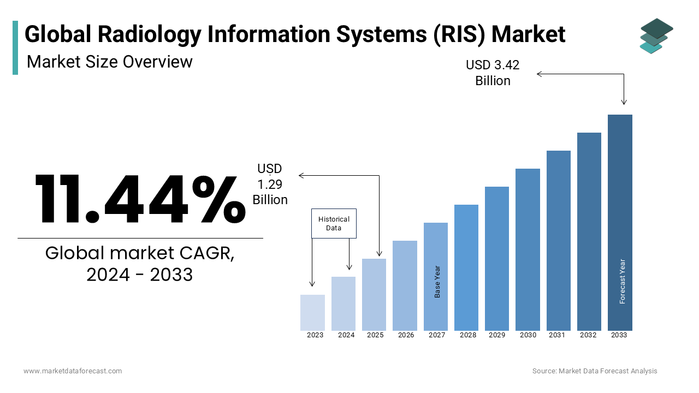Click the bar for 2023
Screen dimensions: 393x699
pyautogui.click(x=312, y=312)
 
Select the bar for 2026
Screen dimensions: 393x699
pyautogui.click(x=405, y=285)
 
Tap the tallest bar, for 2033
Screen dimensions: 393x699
pyautogui.click(x=620, y=222)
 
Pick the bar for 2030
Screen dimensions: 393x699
pyautogui.click(x=528, y=249)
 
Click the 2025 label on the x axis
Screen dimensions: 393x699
pyautogui.click(x=375, y=335)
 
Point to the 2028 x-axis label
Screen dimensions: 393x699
pyautogui.click(x=467, y=335)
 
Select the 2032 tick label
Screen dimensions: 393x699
pyautogui.click(x=588, y=335)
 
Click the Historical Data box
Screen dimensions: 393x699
pyautogui.click(x=334, y=223)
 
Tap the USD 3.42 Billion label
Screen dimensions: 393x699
pyautogui.click(x=493, y=73)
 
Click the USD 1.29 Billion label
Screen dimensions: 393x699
pyautogui.click(x=270, y=184)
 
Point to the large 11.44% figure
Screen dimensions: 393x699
pyautogui.click(x=140, y=199)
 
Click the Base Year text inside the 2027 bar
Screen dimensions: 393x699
pyautogui.click(x=437, y=282)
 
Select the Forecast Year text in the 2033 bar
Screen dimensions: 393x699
pyautogui.click(x=623, y=281)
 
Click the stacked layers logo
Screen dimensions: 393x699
pyautogui.click(x=656, y=35)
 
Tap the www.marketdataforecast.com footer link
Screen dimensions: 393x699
pyautogui.click(x=73, y=371)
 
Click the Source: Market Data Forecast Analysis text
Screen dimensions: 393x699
pyautogui.click(x=595, y=371)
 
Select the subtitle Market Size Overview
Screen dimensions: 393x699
pyautogui.click(x=109, y=62)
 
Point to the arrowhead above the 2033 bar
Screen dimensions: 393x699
pyautogui.click(x=624, y=102)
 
